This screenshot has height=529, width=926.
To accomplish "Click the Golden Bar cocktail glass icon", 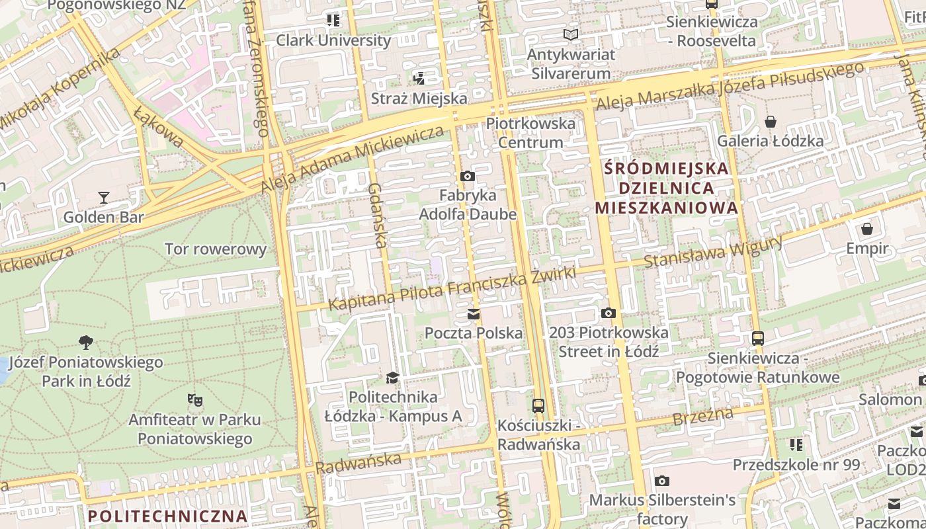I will pos(104,197).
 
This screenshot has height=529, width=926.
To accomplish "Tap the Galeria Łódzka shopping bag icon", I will pos(770,122).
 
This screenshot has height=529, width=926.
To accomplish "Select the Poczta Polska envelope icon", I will pos(474,314).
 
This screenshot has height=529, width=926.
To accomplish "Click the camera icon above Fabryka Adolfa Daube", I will pos(468,176).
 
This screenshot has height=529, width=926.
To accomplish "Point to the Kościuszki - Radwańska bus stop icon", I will pos(538,405).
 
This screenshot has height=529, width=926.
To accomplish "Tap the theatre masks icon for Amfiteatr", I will pos(194,400).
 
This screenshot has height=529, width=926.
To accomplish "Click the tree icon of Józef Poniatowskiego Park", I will pos(85,343).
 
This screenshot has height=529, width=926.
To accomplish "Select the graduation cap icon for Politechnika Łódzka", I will pos(393,378).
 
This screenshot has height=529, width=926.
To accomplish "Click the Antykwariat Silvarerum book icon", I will pos(571,34).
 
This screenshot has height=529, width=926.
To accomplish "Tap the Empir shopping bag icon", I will pos(866,229).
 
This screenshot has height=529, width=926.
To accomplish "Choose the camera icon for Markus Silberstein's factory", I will pos(661,481).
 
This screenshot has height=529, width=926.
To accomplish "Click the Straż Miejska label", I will pos(419,99).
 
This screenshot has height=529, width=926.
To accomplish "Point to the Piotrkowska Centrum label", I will pos(530,133).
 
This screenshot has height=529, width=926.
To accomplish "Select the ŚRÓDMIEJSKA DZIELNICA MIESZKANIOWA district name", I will pos(666,188).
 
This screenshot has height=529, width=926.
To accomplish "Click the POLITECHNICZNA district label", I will pos(167,516).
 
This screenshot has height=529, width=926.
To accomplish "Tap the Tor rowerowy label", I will pos(215,249).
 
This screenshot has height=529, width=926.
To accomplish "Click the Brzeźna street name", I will pos(702,417).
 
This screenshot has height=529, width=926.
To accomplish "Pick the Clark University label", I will pos(333,40).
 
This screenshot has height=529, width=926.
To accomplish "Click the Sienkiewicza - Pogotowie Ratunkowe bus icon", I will pos(757,339).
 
